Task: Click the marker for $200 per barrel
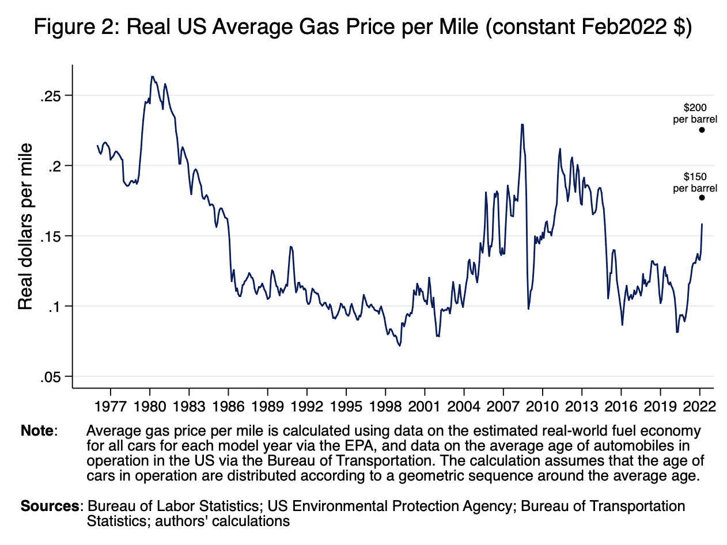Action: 702,130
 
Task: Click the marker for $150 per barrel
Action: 702,198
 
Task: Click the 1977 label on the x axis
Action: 110,407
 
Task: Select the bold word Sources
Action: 50,506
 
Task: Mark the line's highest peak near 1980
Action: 152,76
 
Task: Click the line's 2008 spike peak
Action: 522,124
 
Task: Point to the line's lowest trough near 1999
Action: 399,345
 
